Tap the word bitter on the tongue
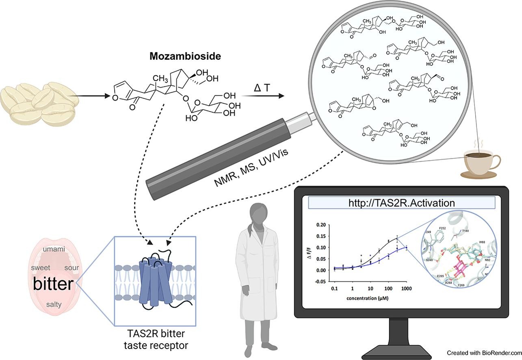click(x=53, y=284)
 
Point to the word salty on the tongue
click(x=54, y=304)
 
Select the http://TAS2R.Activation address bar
click(x=402, y=202)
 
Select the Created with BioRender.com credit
click(x=484, y=353)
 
